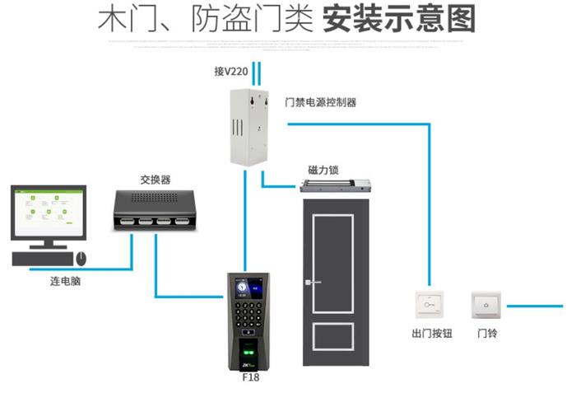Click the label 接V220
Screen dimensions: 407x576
point(232,73)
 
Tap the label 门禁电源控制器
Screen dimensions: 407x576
point(320,103)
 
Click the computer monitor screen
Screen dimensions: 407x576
point(49,212)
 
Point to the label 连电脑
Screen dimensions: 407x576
point(65,282)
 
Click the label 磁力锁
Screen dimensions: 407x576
point(323,171)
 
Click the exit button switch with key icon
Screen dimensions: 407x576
point(432,306)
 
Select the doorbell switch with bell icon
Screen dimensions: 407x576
point(485,306)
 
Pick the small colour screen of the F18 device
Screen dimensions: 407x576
point(244,286)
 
